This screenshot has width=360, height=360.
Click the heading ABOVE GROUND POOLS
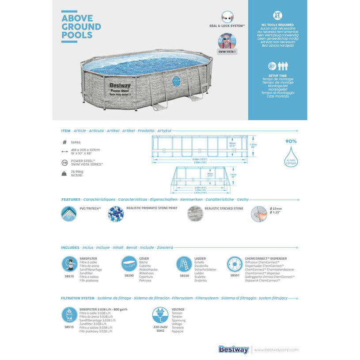pyautogui.click(x=81, y=27)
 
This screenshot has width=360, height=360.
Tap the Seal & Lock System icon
pyautogui.click(x=227, y=17)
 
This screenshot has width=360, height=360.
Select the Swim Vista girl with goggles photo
pyautogui.click(x=227, y=41)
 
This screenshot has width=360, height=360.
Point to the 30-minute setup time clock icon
pyautogui.click(x=272, y=67)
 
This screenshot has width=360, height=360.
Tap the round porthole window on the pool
pyautogui.click(x=176, y=81)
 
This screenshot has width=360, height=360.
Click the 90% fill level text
pyautogui.click(x=291, y=141)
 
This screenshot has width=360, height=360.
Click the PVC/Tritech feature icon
pyautogui.click(x=68, y=214)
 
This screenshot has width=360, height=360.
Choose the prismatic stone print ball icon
pyautogui.click(x=116, y=214)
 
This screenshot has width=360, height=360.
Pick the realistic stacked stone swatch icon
pyautogui.click(x=195, y=214)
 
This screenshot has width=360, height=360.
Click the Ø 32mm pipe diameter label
pyautogui.click(x=276, y=208)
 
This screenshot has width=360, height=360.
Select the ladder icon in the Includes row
pyautogui.click(x=184, y=264)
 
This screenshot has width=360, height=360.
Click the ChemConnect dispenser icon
pyautogui.click(x=235, y=264)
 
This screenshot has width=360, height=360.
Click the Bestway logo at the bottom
pyautogui.click(x=234, y=350)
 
